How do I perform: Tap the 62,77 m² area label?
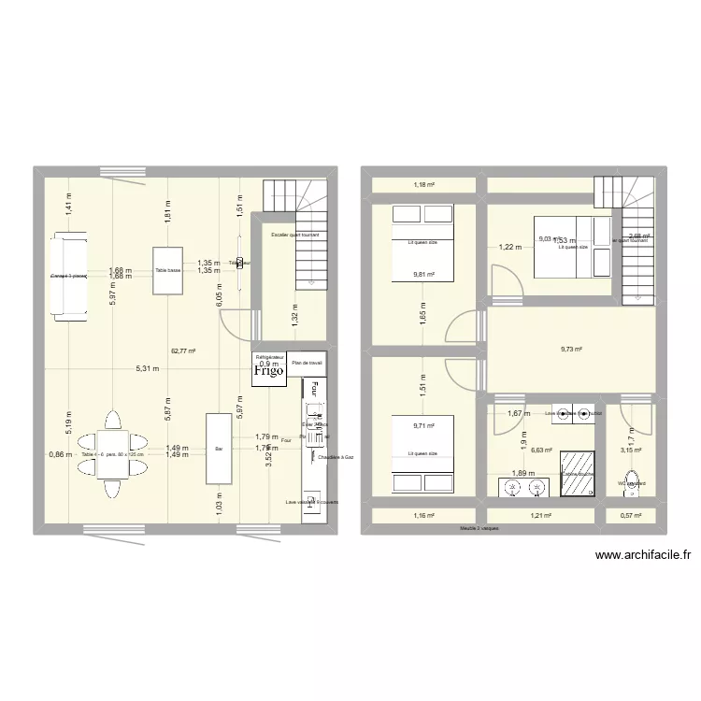182,351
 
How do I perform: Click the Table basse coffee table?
167,270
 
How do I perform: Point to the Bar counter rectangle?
219,449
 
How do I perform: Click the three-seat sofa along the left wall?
70,276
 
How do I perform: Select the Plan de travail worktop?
306,363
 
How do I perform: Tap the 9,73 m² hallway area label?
571,350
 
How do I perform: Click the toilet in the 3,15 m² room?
632,482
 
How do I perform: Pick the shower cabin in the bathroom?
579,472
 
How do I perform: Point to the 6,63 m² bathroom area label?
541,450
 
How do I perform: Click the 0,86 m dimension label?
59,454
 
